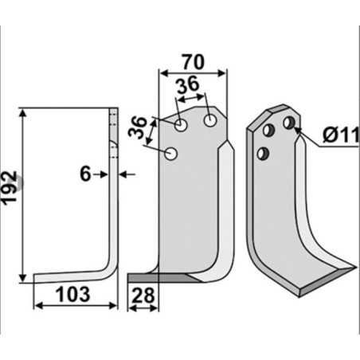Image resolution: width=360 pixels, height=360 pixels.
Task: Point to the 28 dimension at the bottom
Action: [x=143, y=296]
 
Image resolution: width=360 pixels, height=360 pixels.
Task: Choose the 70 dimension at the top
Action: [x=193, y=61]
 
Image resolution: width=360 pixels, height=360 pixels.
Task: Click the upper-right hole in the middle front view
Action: [x=209, y=121]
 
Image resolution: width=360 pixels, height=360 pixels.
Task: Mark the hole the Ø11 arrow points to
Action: [x=288, y=122]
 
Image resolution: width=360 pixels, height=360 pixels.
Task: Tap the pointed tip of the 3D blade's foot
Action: [x=354, y=268]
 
